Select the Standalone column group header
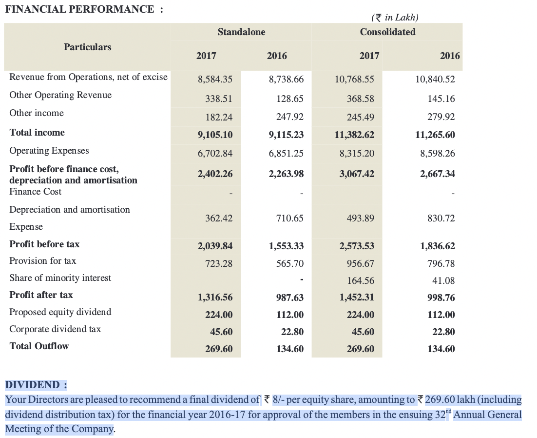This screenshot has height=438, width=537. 241,32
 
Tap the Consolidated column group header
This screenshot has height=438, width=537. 388,32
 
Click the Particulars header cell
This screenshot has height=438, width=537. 87,47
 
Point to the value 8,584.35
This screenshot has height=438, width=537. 215,79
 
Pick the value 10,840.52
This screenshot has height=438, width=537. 435,79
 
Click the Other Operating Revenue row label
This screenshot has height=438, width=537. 60,95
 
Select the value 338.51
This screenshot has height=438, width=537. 219,99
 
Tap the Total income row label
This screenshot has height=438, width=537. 37,133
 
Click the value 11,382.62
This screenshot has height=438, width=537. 354,135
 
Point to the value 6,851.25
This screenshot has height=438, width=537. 286,153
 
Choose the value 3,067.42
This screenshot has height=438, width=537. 357,174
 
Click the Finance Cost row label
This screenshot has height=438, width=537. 35,192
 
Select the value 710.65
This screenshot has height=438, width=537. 290,219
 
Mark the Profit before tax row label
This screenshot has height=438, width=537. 44,244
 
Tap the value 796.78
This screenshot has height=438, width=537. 441,263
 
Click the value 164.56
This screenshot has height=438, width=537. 361,280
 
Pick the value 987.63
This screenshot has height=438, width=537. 290,298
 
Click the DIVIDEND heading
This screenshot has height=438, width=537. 36,385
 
